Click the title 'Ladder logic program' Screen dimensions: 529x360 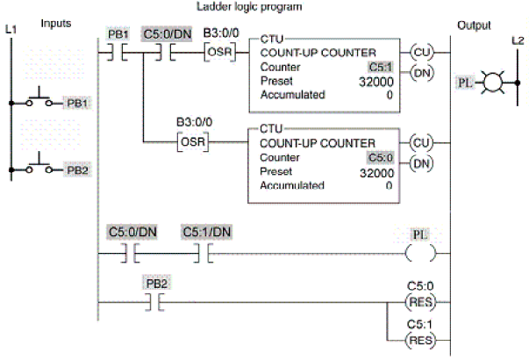pos(249,6)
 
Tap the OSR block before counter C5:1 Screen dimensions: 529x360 pos(219,52)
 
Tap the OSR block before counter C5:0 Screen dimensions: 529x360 pos(193,142)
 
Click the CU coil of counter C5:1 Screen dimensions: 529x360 pos(422,53)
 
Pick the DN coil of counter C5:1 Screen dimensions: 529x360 pos(422,73)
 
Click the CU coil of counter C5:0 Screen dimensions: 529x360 pos(421,143)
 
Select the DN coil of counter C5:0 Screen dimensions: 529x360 pos(421,163)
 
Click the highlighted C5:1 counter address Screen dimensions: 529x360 pos(381,67)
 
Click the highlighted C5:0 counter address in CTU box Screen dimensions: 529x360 pos(380,157)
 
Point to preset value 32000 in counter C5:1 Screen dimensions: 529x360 pos(376,82)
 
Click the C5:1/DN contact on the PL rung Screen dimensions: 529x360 pos(204,253)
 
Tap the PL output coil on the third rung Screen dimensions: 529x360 pos(420,253)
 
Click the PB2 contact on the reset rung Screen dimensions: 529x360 pos(155,302)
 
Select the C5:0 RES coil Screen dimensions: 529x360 pos(420,301)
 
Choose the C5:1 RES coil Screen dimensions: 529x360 pos(420,340)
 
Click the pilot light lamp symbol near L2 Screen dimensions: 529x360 pos(493,82)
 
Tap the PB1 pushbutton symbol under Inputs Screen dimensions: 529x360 pos(39,97)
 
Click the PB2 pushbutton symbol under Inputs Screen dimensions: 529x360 pos(39,164)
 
